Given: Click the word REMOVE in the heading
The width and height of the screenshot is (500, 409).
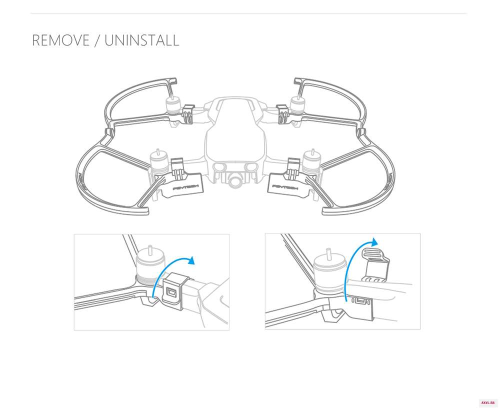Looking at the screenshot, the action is (60, 40).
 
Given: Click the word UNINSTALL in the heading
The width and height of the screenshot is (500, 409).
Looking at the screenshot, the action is (142, 40).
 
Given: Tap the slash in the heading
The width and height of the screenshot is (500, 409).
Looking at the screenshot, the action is (97, 41).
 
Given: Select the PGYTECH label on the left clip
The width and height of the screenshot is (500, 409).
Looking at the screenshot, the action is (185, 187).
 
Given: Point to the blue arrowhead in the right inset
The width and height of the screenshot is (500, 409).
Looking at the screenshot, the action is (374, 241).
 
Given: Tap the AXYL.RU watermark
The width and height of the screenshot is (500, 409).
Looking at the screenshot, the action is (487, 402).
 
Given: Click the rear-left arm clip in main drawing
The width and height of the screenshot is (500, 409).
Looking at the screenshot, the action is (188, 114).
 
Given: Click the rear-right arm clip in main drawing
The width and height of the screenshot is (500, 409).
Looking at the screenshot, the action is (282, 114).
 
